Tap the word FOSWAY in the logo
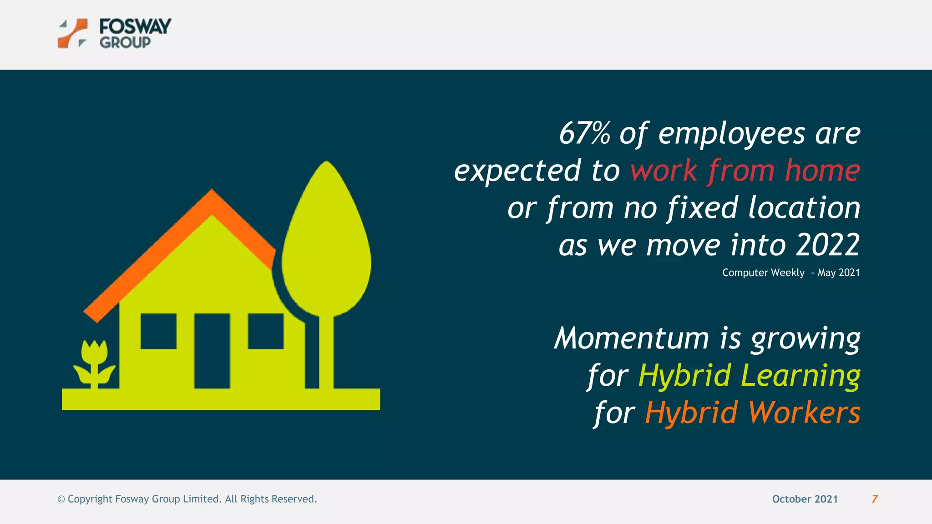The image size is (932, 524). [x=135, y=26]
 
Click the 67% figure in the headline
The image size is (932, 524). [x=584, y=134]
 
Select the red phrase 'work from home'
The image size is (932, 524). [x=745, y=171]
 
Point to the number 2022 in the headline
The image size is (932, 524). [x=828, y=245]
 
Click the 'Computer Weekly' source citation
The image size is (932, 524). [x=763, y=273]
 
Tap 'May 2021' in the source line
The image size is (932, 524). [x=839, y=273]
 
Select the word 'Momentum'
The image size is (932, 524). [x=632, y=338]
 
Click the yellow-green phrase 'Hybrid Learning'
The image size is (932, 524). [x=749, y=376]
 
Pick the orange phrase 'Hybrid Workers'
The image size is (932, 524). [x=752, y=413]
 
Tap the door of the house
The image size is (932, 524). [x=212, y=351]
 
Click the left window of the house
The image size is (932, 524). [x=158, y=331]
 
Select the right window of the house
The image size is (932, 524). [x=266, y=331]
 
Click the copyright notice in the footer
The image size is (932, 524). [x=187, y=499]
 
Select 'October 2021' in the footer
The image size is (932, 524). [x=805, y=499]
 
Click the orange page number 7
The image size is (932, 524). [x=875, y=499]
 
